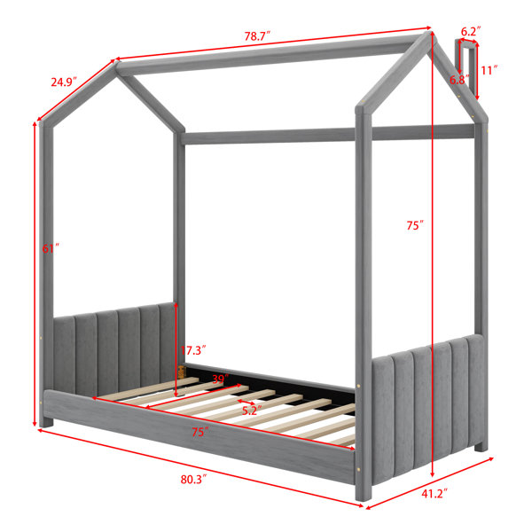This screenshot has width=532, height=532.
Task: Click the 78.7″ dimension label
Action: pos(257,36)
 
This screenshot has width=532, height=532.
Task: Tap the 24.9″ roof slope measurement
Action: pos(64,82)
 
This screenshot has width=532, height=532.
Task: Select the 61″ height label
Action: pos(51,248)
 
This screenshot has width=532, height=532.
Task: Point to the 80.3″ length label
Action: pos(193,480)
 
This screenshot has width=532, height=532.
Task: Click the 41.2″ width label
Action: pos(434,494)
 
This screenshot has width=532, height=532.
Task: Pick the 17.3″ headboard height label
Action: pos(193,350)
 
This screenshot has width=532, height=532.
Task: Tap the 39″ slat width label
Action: pos(220,379)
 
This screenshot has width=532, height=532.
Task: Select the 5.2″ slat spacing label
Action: pos(252,411)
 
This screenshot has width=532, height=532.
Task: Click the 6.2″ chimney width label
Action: pos(471,32)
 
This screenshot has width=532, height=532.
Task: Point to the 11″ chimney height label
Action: pos(489,70)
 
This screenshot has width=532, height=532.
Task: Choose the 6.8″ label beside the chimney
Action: pos(459,80)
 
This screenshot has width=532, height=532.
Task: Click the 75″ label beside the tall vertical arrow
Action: pos(415,225)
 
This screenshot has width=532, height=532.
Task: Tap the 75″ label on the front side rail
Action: pos(200,433)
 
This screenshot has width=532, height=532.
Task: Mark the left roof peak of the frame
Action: pos(116,65)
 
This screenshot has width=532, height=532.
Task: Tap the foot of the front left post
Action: pos(46,422)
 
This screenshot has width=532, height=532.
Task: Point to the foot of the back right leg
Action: pos(481,447)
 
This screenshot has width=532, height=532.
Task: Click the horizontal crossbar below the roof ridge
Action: pos(327,135)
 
